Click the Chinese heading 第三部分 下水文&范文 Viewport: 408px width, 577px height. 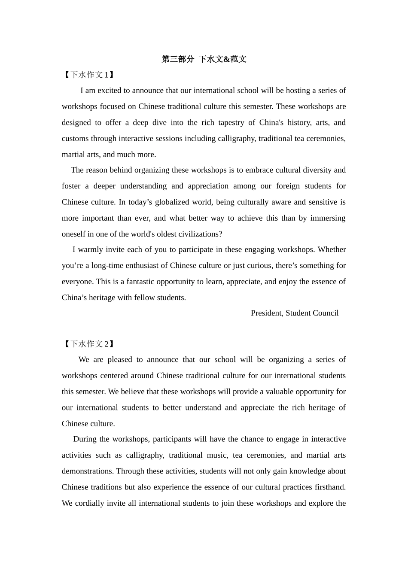pyautogui.click(x=204, y=59)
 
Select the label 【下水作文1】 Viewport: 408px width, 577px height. pyautogui.click(x=89, y=75)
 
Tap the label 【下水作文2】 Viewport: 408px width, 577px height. pyautogui.click(x=89, y=344)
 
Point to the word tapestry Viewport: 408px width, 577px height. pyautogui.click(x=231, y=123)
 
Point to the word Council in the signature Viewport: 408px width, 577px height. pyautogui.click(x=326, y=313)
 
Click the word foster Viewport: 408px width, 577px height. pyautogui.click(x=71, y=186)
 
